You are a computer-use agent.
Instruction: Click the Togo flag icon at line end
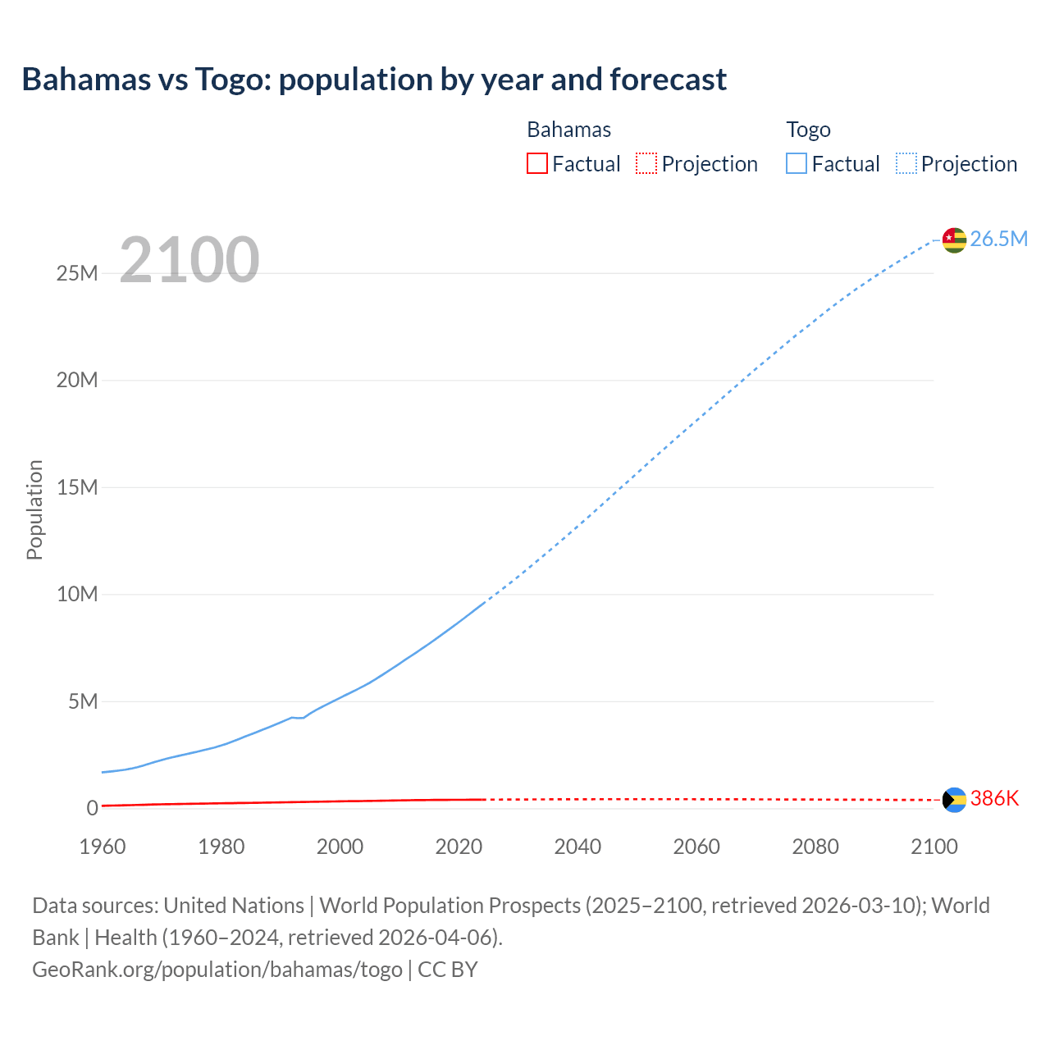(x=954, y=240)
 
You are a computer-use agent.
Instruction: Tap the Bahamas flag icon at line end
(x=954, y=800)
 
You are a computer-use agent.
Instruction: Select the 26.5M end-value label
(x=998, y=239)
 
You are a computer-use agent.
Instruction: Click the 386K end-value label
(x=994, y=799)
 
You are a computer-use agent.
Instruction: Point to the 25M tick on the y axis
(x=77, y=273)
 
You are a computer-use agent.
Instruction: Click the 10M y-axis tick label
(x=77, y=594)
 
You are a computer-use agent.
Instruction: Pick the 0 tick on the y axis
(x=92, y=808)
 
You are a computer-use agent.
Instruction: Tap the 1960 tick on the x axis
(x=103, y=847)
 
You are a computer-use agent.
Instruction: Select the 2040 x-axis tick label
(x=577, y=847)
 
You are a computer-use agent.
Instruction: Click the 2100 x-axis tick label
(x=934, y=847)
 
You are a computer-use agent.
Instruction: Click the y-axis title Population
(x=34, y=509)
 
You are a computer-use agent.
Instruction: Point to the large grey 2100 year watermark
(x=189, y=260)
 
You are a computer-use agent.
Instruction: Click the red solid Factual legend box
(x=537, y=164)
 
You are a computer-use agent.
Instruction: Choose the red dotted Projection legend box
(x=646, y=164)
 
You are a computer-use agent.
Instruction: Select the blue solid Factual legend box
(x=797, y=164)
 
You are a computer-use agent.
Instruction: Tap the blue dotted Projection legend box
(x=906, y=164)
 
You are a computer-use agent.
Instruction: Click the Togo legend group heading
(x=808, y=130)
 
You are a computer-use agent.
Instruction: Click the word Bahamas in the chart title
(x=86, y=80)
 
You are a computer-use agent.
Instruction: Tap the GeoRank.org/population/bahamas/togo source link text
(x=217, y=970)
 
